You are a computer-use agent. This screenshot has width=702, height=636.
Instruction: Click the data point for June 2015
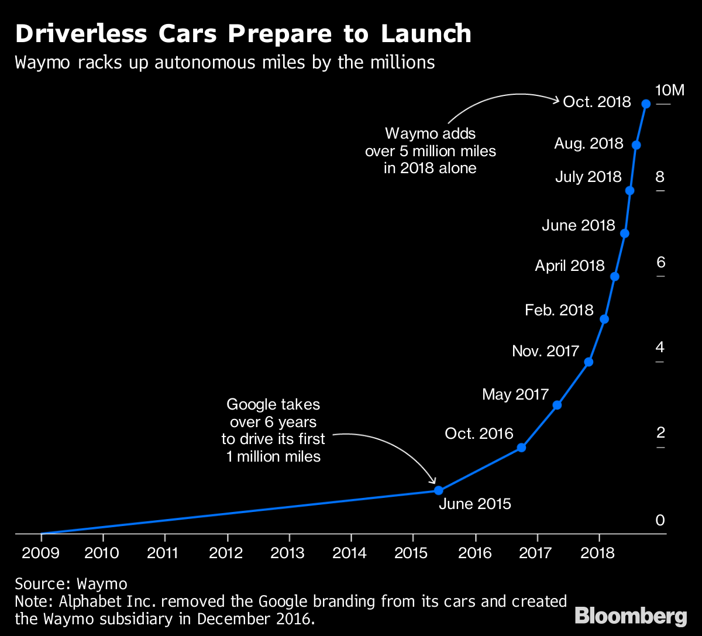(x=439, y=490)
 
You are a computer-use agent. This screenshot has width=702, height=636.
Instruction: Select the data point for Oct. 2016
(x=522, y=448)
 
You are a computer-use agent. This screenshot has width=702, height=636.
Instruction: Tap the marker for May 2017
(x=558, y=405)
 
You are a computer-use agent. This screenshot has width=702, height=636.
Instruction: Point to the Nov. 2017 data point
(x=589, y=362)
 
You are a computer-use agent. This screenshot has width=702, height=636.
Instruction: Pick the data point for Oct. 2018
(x=646, y=104)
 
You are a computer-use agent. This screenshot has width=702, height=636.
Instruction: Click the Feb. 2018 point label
(x=559, y=310)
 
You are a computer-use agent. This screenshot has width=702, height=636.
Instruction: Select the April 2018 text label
(x=570, y=266)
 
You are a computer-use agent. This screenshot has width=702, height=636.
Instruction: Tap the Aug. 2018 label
(x=589, y=143)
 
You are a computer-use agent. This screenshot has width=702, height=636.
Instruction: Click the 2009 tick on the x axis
(x=41, y=553)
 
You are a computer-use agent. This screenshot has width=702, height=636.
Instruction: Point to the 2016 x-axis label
(x=475, y=553)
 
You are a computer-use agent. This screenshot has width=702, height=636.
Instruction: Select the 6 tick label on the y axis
(x=660, y=262)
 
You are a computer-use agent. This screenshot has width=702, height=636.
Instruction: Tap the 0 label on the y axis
(x=660, y=520)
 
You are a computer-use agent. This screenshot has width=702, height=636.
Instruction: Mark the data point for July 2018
(x=630, y=191)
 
